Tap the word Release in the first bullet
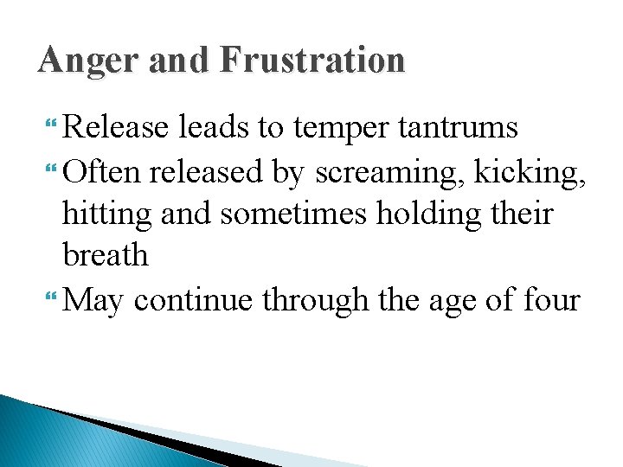[116, 128]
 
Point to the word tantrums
[459, 129]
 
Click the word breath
[105, 255]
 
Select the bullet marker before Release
[55, 128]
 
